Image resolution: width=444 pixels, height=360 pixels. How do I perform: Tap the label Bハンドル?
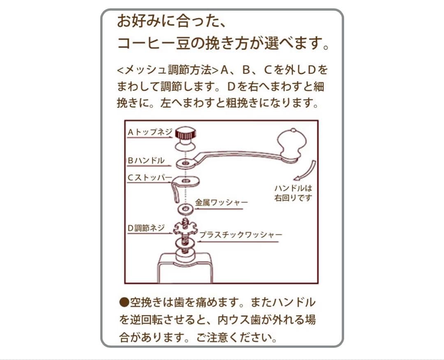click(146, 160)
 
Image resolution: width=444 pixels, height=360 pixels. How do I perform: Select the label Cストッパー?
click(150, 178)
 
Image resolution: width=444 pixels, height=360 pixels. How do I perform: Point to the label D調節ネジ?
click(146, 228)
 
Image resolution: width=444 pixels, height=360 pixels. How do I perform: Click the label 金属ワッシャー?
click(221, 202)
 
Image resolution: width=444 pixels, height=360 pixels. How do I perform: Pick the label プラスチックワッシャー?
click(241, 235)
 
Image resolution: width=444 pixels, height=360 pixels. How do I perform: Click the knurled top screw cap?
click(185, 133)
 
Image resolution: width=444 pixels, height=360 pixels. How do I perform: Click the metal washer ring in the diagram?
click(185, 209)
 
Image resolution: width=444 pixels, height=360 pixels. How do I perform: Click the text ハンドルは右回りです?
click(293, 193)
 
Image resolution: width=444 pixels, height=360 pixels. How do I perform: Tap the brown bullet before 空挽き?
click(124, 302)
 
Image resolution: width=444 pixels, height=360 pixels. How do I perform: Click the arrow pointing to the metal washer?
click(219, 209)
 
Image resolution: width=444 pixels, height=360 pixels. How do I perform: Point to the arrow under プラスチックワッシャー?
click(238, 242)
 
